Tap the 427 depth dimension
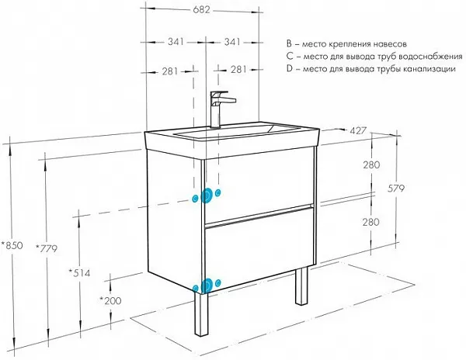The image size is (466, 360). point(358,130)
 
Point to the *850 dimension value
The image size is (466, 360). point(12,246)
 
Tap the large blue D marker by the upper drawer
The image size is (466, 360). point(206,196)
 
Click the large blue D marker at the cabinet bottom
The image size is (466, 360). point(205,286)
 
